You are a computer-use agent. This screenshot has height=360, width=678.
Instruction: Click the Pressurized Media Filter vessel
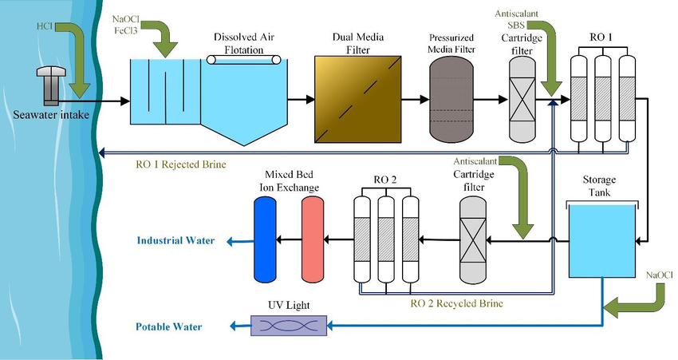[451, 100]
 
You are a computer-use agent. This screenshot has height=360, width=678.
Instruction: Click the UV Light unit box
[288, 325]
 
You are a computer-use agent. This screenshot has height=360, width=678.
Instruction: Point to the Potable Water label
[168, 326]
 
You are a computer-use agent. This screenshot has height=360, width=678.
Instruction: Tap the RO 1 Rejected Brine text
[181, 164]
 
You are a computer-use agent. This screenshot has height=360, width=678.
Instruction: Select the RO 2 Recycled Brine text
[456, 304]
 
